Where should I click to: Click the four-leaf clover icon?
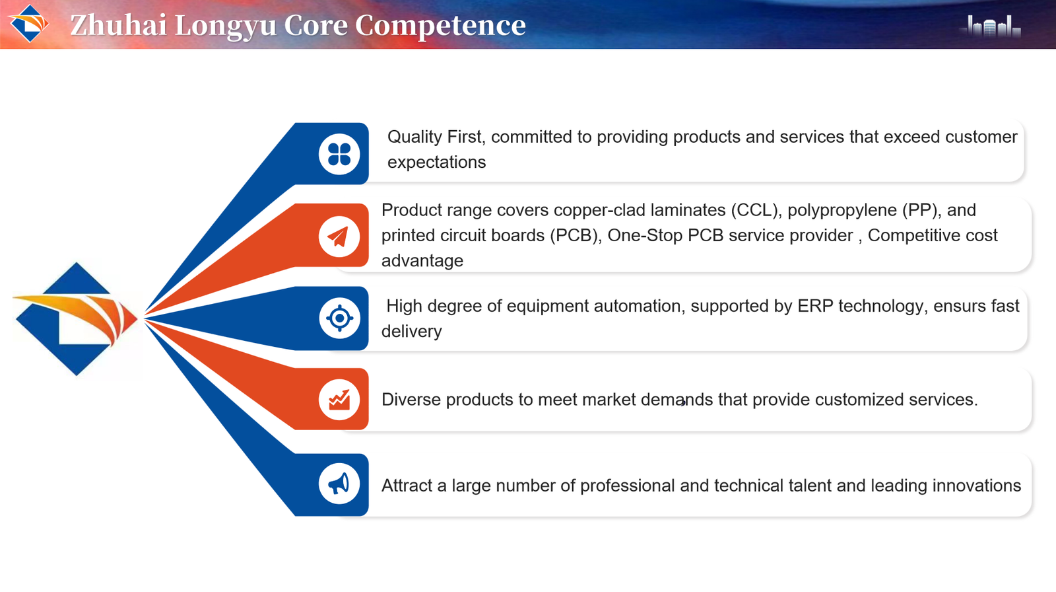[x=339, y=154]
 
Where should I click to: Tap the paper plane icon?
[x=339, y=237]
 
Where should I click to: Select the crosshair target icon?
[x=339, y=318]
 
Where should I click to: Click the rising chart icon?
[x=339, y=400]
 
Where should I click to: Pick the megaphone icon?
[x=339, y=484]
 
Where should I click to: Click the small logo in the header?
[x=29, y=24]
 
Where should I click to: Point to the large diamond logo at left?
[x=75, y=319]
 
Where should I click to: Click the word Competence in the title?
[x=440, y=26]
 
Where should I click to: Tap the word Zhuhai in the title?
[x=119, y=25]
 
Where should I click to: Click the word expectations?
[x=436, y=163]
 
